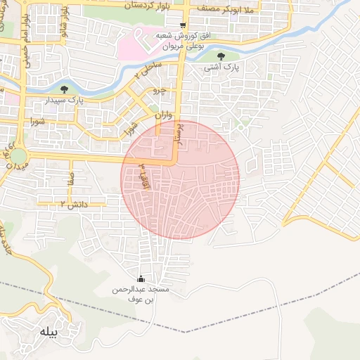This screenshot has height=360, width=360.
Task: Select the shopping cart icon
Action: pos(184,26)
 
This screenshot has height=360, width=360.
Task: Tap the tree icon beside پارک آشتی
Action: pos(221,56)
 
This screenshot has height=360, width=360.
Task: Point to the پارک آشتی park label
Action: pos(221,68)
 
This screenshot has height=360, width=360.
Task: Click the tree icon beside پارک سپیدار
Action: pos(65,89)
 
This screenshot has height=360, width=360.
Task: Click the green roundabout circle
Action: pos(19,155)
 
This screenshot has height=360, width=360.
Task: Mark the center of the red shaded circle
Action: pos(180,179)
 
